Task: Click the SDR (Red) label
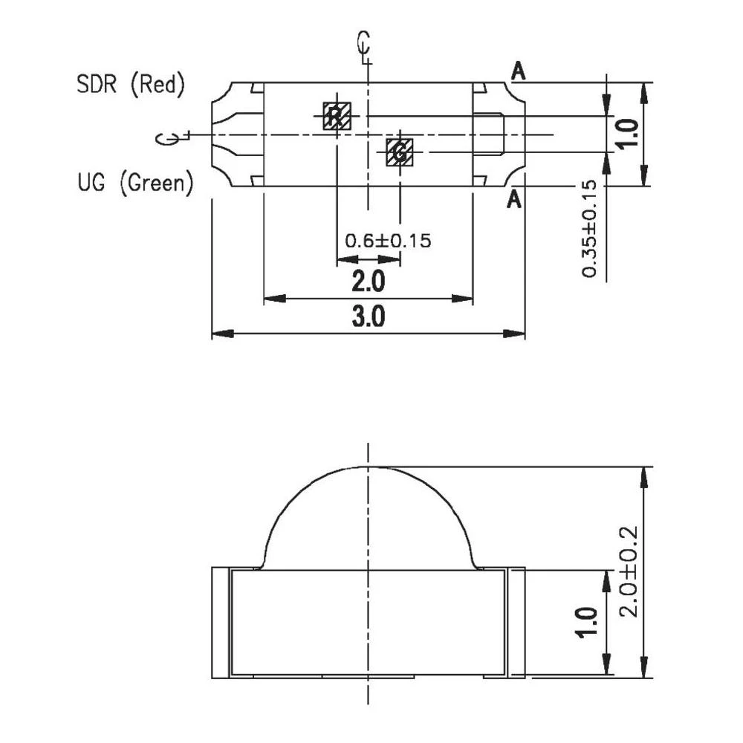coord(130,85)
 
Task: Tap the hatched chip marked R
coord(337,116)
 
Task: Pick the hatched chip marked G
coord(400,152)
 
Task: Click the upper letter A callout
coord(518,71)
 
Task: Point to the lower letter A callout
coord(513,199)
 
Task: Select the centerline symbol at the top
coord(363,46)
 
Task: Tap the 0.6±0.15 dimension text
coord(388,241)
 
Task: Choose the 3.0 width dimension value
coord(369,317)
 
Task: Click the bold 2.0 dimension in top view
coord(369,282)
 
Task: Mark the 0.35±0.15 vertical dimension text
coord(589,229)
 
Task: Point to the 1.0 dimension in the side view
coord(586,623)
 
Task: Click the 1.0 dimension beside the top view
coord(628,134)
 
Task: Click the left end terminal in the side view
coord(220,623)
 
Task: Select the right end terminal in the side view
coord(516,623)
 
